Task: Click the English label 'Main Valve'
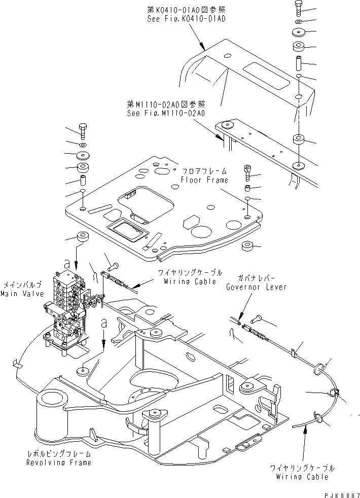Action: click(x=21, y=294)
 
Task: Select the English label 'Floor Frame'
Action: click(x=204, y=180)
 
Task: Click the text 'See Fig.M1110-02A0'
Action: click(x=166, y=113)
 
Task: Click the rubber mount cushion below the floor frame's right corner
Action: click(x=248, y=247)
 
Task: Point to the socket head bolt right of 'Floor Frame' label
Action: click(x=247, y=173)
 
